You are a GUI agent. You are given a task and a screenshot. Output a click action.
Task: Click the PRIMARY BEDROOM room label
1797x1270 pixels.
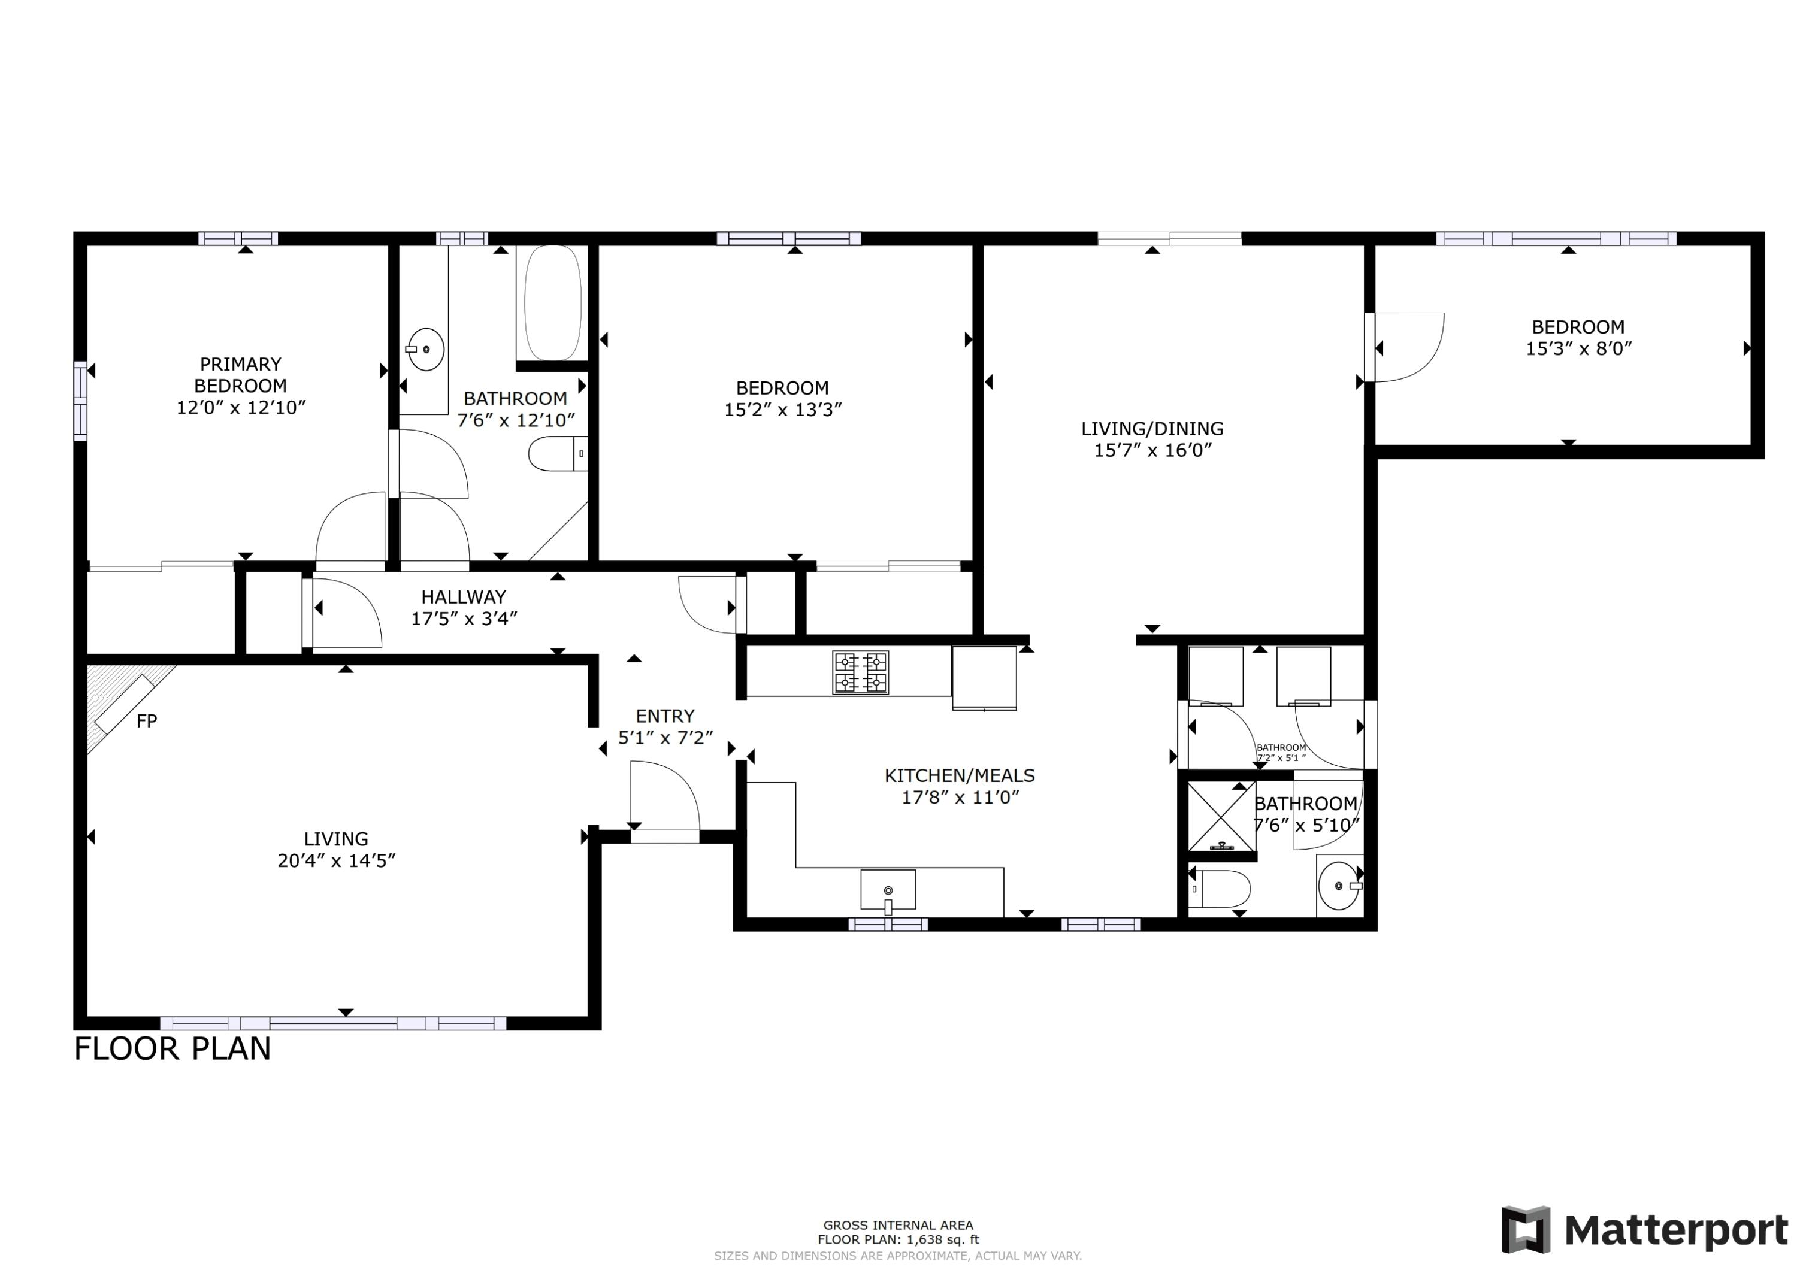coord(240,374)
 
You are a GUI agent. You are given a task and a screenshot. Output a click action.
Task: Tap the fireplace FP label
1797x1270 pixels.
coord(146,721)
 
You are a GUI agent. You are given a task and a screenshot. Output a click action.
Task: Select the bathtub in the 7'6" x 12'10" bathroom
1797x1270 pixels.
coord(552,303)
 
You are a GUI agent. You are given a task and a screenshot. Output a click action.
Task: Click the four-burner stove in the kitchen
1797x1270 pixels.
coord(860,672)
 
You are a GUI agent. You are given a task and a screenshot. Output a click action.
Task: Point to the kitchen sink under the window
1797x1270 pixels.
coord(888,890)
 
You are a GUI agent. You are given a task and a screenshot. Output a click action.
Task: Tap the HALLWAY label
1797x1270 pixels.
coord(464,597)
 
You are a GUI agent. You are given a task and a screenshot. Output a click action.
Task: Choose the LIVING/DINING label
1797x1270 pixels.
coord(1152,428)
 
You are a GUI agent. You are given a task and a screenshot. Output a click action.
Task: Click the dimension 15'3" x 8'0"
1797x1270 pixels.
coord(1578,349)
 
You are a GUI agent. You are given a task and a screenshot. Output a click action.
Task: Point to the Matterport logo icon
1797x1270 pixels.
coord(1526,1229)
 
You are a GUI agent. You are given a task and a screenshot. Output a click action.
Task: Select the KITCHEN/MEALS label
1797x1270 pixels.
coord(960,775)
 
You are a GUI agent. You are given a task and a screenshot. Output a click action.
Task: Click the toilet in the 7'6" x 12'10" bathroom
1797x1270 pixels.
coord(556,453)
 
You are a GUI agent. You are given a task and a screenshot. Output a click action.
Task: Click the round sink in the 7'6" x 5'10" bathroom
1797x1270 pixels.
coord(1338,886)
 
